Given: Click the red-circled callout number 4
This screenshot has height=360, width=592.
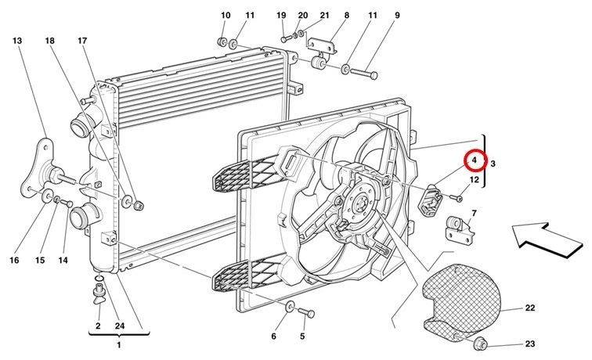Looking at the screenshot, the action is point(475,160).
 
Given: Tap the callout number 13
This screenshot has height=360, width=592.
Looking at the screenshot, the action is point(17,41).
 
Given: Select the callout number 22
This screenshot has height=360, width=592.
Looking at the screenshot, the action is point(529,308).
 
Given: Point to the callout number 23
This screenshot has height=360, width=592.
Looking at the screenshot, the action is point(529,344).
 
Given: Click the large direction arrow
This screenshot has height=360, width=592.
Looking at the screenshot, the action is point(543,240).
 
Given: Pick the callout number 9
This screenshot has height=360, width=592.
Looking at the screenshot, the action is point(397,16).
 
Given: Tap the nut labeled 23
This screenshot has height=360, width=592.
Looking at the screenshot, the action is point(481,344).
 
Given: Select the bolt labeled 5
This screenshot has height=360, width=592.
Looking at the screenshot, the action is point(306,312).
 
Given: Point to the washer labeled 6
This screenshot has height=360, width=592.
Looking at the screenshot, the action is point(290,306).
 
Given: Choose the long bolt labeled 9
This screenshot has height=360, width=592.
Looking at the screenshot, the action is point(363,73).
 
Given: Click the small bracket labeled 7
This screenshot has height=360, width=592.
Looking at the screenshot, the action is point(459,228).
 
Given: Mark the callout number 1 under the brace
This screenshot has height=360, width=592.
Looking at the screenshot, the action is point(118,344).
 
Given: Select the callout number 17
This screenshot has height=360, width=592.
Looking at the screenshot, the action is point(82,41).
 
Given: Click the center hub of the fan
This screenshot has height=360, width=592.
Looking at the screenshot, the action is point(359,206).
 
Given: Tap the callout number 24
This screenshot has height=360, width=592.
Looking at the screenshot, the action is point(120,326).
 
